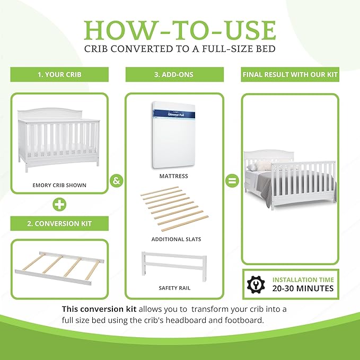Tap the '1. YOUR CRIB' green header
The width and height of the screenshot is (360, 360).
point(59,75)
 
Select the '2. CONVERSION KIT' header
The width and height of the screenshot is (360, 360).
point(59,223)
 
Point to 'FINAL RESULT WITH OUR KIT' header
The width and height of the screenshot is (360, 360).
point(290,75)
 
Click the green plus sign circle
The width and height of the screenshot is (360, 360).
point(59,204)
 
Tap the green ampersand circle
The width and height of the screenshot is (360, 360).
point(117,180)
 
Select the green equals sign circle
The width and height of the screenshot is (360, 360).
point(232,180)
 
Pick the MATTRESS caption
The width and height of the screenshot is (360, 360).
point(174,176)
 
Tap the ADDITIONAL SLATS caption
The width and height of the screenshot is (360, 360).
point(176,239)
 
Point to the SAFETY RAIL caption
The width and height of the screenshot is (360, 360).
point(174,288)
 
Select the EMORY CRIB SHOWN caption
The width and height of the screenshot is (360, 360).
point(59,185)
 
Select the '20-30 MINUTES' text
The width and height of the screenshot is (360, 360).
point(303,288)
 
